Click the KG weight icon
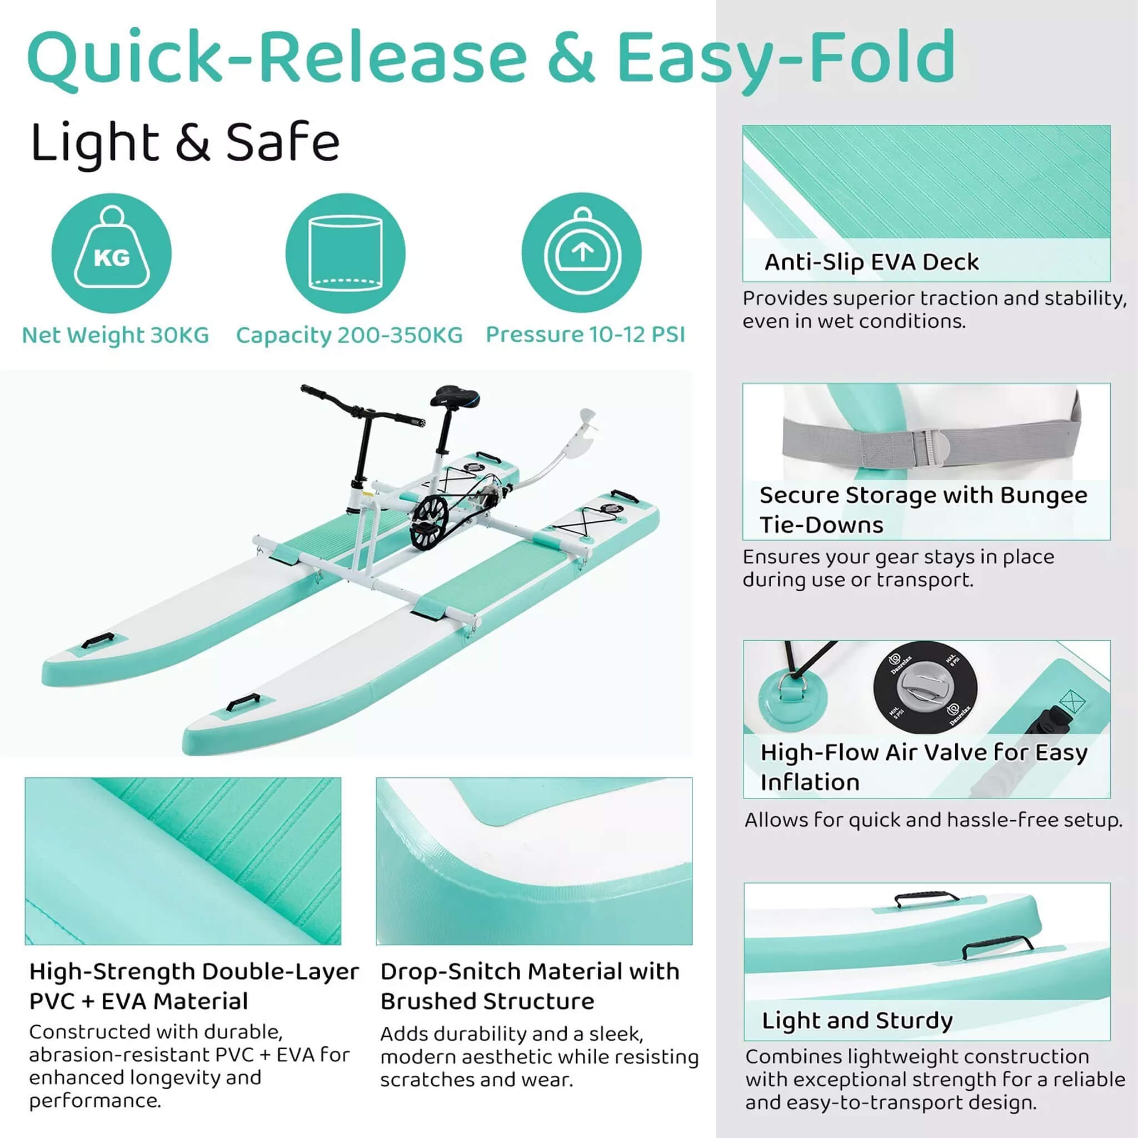click(111, 253)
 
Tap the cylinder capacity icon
click(346, 253)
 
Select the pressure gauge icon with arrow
click(582, 253)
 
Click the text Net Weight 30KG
click(116, 335)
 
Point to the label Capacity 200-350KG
click(350, 335)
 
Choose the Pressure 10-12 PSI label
click(586, 335)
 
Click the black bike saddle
click(454, 396)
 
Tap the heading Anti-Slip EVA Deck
click(871, 262)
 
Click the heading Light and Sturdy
click(857, 1020)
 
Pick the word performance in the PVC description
click(95, 1100)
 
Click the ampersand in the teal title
click(571, 57)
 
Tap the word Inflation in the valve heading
click(810, 782)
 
